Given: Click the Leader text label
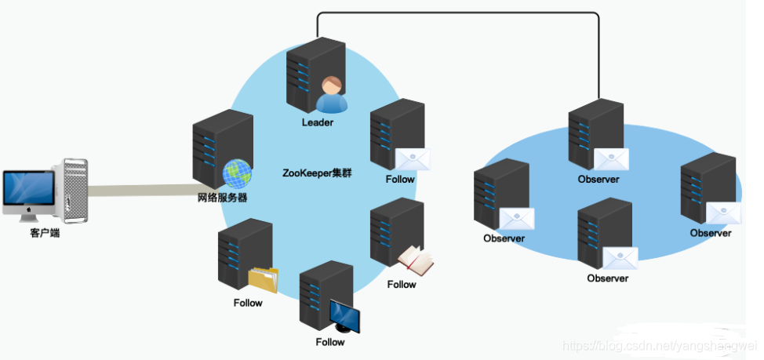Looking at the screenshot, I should (318, 123).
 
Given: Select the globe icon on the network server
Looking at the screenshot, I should (236, 173).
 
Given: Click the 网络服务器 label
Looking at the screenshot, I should (223, 198).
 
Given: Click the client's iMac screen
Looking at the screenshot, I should (28, 189).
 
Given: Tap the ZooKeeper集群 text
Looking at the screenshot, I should (316, 173).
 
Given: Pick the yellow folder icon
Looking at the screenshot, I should (263, 279).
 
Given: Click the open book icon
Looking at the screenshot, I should (415, 261).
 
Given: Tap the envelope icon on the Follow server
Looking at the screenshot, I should (413, 159).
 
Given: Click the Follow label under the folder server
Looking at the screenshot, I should (248, 303).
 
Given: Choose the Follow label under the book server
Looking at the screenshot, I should (401, 285).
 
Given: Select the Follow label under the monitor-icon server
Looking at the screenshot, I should (330, 342).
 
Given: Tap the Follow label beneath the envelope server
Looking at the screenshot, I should (400, 179).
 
